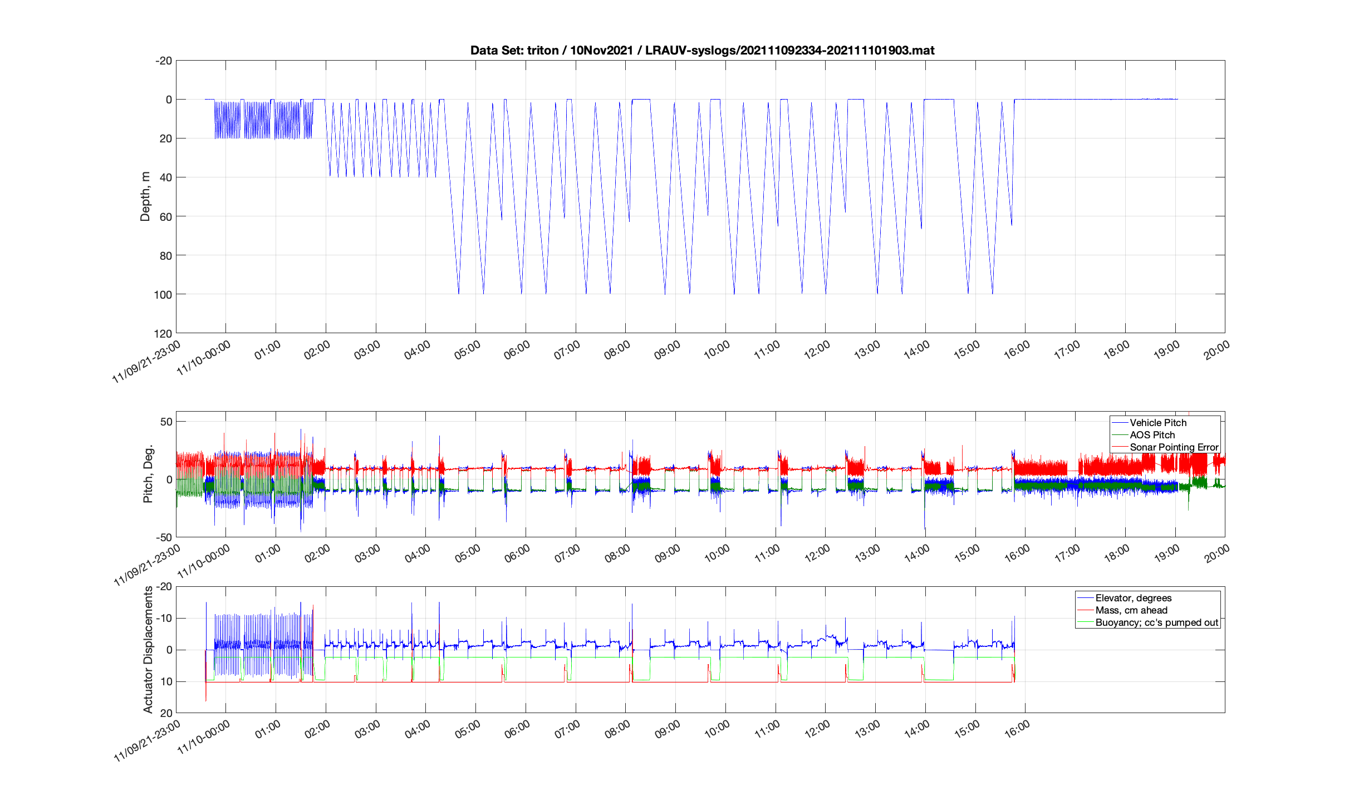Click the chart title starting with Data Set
702,51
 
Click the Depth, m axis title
145,196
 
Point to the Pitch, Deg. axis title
148,474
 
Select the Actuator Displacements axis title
148,649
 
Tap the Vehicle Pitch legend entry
1158,423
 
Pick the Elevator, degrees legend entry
1133,598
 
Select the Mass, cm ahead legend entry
1131,610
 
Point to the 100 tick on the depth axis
163,295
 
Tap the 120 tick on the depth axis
163,334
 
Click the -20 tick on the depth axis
164,61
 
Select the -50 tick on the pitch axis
164,537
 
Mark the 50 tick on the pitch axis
166,422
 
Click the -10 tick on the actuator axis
164,619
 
